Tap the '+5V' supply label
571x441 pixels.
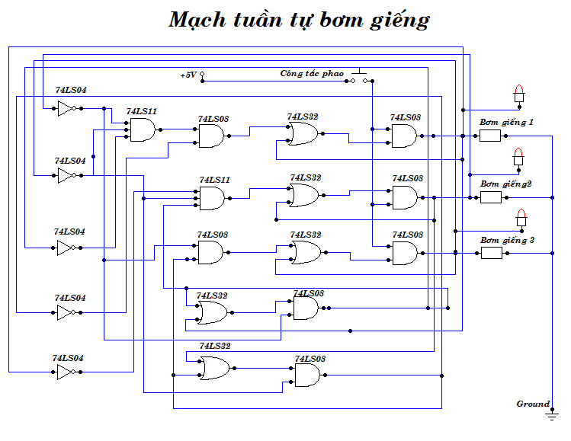coord(188,75)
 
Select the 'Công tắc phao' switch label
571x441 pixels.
coord(312,74)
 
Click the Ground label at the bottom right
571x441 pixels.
coord(533,404)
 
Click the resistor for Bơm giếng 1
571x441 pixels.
coord(490,136)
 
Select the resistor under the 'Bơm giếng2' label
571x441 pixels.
coord(490,197)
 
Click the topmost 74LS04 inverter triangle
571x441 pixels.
coord(66,108)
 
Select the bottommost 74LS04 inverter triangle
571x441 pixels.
coord(66,372)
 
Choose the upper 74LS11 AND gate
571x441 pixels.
coord(141,130)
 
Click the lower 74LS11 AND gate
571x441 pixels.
coord(211,199)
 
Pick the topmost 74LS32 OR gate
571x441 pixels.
coord(303,134)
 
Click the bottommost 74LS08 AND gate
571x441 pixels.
coord(307,375)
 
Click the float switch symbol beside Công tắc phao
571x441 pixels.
coord(362,76)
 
